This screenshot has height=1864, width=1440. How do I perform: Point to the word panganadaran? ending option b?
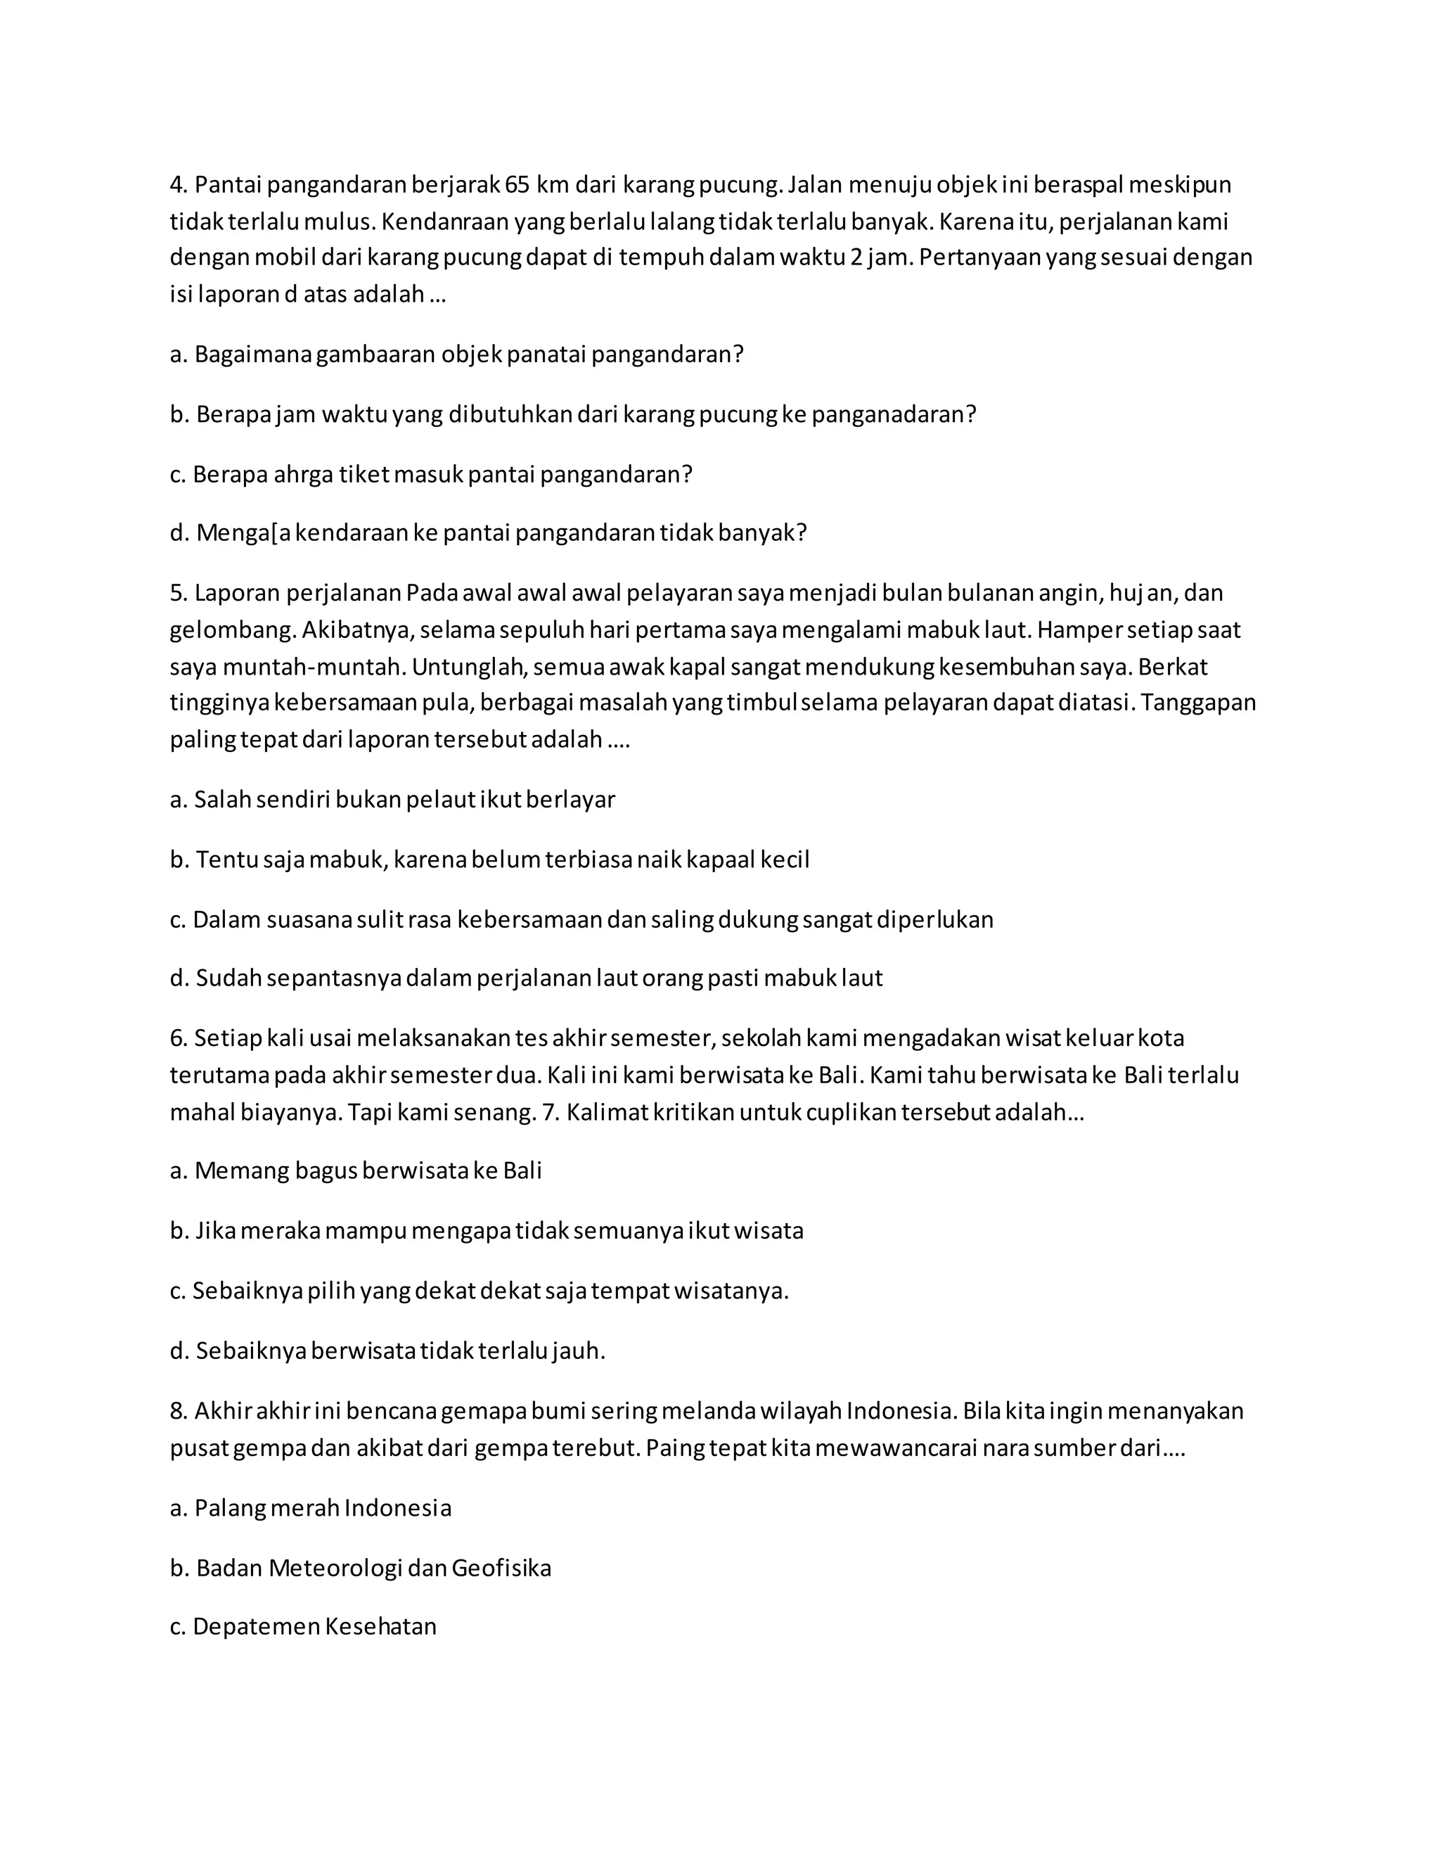coord(893,415)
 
